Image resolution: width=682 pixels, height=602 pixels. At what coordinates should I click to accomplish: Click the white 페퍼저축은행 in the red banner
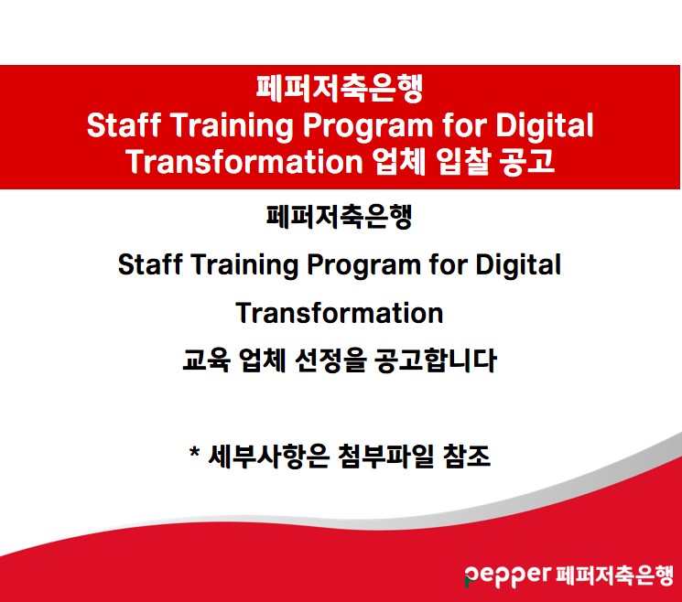point(340,88)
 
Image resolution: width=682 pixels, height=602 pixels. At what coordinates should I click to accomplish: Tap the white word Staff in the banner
point(124,125)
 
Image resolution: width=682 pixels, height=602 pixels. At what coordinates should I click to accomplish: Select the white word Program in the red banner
point(367,126)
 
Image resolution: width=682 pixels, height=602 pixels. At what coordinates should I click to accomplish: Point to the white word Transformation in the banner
point(244,161)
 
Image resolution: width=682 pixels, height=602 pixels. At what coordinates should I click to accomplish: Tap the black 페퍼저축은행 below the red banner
point(340,217)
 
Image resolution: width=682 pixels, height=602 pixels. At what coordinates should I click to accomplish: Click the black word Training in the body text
point(244,265)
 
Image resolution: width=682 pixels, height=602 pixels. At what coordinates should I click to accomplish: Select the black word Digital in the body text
point(518,265)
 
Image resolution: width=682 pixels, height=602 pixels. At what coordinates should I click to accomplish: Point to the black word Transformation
point(340,313)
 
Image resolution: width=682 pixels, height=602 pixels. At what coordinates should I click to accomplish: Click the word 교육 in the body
point(206,360)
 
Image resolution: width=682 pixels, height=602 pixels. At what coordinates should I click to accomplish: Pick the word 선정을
point(330,360)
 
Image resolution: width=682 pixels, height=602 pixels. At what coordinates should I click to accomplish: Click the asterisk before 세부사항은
point(194,452)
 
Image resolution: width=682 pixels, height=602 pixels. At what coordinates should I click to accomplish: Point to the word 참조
point(467,457)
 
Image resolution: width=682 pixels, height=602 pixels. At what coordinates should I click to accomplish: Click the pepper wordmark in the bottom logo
point(507,575)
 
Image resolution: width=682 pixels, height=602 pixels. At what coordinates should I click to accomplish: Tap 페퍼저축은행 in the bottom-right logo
point(614,575)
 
